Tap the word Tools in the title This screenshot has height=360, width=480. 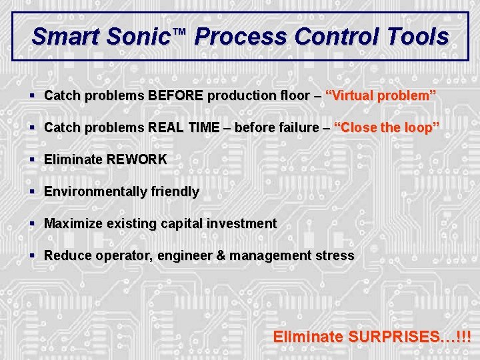click(x=417, y=36)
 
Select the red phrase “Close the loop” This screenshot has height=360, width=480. click(x=386, y=127)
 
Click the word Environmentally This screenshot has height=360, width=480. click(x=93, y=191)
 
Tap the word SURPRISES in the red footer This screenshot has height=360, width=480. click(x=401, y=337)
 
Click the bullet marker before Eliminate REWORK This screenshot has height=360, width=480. click(x=33, y=159)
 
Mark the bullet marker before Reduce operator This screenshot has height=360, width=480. click(x=33, y=255)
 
